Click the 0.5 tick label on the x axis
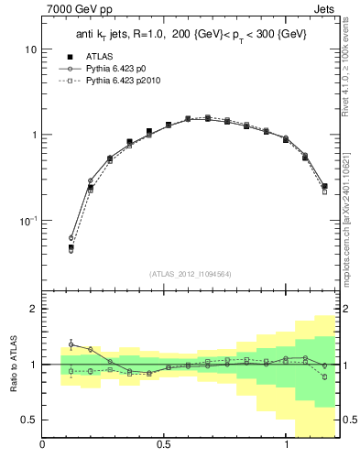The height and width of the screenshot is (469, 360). point(163,446)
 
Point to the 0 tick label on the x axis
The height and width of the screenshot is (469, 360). point(42,446)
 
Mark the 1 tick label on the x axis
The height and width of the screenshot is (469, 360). point(286,446)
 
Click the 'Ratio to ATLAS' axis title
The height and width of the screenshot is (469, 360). point(13,364)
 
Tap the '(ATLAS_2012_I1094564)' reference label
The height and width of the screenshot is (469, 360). point(190,273)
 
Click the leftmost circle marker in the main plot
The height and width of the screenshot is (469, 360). point(71,238)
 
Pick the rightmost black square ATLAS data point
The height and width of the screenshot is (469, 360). point(324,186)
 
